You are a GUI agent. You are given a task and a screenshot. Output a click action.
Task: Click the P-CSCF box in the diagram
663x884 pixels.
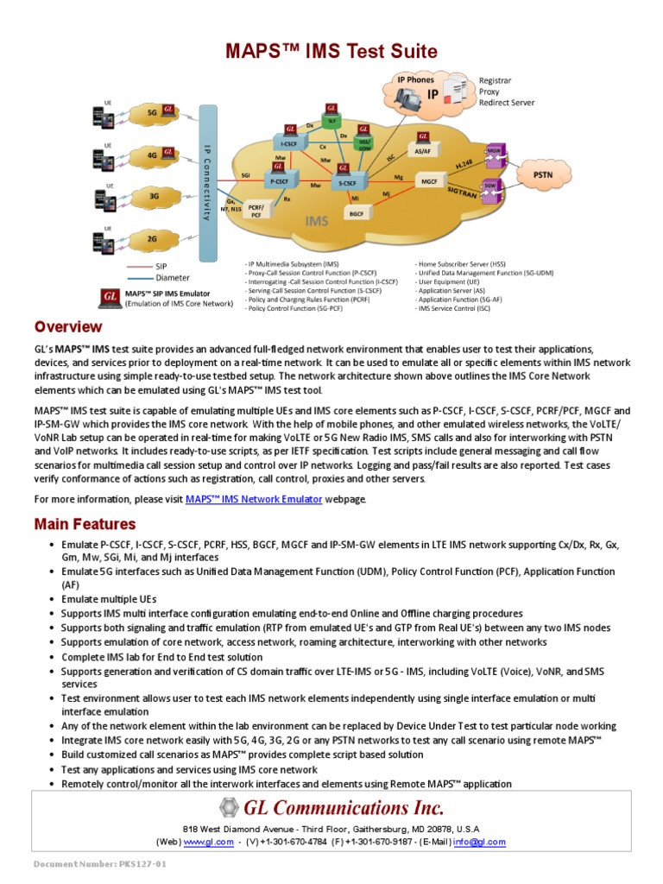click(279, 182)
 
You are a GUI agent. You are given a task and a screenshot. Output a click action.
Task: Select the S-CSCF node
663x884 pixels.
click(347, 183)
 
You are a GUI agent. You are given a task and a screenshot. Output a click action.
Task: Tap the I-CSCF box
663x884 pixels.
click(287, 143)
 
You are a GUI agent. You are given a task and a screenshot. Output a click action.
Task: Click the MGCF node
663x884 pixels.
click(429, 182)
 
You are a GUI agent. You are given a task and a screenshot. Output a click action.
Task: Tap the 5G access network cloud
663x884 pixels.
click(153, 112)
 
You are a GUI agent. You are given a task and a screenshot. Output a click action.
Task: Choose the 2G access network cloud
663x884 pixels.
click(153, 237)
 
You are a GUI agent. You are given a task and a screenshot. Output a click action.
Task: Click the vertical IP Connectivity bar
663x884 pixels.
click(207, 182)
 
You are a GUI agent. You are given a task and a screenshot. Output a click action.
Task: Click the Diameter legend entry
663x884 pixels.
click(174, 278)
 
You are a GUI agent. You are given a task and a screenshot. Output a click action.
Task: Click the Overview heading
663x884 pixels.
click(68, 327)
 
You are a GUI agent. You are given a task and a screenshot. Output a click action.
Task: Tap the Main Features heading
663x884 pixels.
click(85, 524)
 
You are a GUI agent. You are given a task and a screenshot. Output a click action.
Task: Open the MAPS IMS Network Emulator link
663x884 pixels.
click(254, 499)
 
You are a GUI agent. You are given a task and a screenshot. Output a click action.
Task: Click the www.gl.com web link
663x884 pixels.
click(208, 842)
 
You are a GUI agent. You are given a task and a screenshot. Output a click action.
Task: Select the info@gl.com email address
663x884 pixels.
click(480, 842)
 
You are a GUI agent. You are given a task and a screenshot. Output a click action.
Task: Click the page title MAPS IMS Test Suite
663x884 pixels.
click(331, 52)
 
